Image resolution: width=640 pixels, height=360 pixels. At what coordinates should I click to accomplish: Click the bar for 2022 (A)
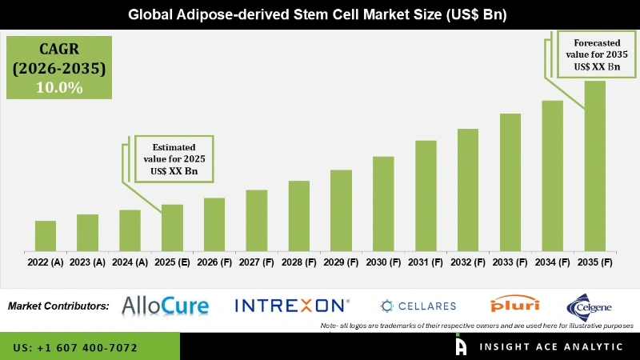(46, 236)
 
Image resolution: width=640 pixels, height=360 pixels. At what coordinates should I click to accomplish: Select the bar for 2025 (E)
(172, 228)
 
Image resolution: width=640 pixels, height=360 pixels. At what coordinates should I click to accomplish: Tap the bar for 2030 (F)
(383, 204)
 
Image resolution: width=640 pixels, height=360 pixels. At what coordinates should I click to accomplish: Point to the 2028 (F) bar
(298, 216)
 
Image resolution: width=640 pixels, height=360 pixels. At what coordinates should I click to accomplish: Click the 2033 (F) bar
(510, 182)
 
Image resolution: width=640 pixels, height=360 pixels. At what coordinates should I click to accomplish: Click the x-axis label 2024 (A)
(130, 262)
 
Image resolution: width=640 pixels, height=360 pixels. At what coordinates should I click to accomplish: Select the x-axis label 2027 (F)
(256, 262)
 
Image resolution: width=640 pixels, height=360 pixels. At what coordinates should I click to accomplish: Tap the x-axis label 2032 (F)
(468, 262)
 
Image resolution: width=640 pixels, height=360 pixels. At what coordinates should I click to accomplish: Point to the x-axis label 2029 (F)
(341, 262)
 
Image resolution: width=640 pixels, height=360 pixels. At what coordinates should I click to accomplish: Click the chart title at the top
(320, 14)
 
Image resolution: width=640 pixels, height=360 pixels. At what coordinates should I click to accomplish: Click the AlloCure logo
(165, 305)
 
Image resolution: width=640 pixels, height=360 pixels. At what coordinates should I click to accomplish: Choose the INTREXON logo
(292, 305)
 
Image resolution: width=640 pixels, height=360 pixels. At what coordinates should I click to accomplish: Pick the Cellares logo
(418, 306)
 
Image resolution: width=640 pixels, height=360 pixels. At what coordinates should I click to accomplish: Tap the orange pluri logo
(514, 305)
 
